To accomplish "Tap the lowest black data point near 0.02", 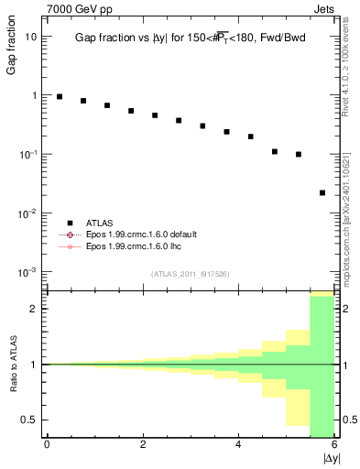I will [x=322, y=192].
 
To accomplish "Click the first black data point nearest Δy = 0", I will [x=60, y=96].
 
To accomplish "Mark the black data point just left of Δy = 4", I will [x=226, y=132].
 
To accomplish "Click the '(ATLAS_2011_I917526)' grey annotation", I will [x=190, y=274].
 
